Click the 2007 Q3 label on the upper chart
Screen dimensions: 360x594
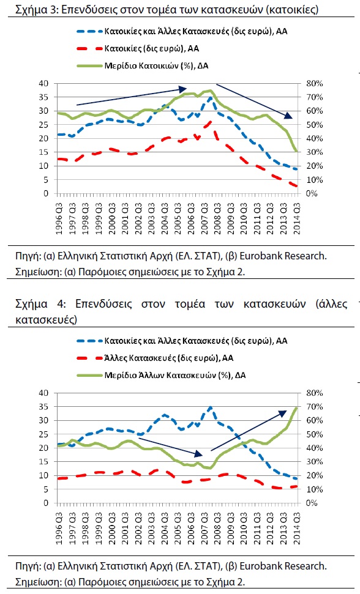click(204, 219)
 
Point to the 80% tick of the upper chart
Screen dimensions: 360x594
click(315, 83)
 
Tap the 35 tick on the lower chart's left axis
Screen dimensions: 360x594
click(43, 406)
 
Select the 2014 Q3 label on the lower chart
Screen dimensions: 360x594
click(296, 529)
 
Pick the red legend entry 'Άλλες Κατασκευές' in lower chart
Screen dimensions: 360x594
click(155, 358)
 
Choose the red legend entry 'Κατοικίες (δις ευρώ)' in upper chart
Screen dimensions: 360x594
click(138, 48)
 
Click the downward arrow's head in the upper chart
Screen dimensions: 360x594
click(289, 116)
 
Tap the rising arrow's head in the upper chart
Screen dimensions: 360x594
click(182, 89)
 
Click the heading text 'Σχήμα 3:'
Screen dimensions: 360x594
click(36, 9)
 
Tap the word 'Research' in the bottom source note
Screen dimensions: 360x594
click(306, 566)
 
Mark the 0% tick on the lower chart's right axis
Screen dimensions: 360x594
click(311, 503)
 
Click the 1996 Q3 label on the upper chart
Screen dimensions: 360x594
click(59, 219)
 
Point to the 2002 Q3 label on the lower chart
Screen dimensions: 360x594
click(138, 529)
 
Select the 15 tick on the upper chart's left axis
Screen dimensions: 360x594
click(43, 152)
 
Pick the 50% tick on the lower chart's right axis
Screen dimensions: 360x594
click(315, 434)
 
